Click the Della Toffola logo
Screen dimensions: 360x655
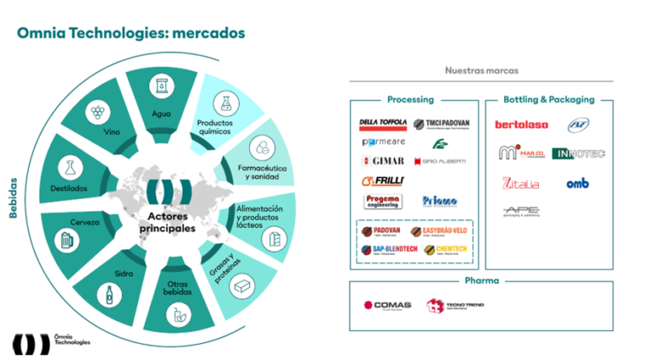[383, 123]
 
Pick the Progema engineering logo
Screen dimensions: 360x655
[383, 201]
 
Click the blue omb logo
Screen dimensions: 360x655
[577, 183]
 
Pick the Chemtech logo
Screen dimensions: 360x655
[439, 249]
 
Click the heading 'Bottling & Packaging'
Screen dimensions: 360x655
[548, 100]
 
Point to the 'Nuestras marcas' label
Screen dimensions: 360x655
[481, 71]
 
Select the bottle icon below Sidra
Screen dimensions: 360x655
[108, 296]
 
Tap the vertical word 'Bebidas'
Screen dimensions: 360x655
[14, 198]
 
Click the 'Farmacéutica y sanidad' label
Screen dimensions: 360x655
[263, 172]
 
